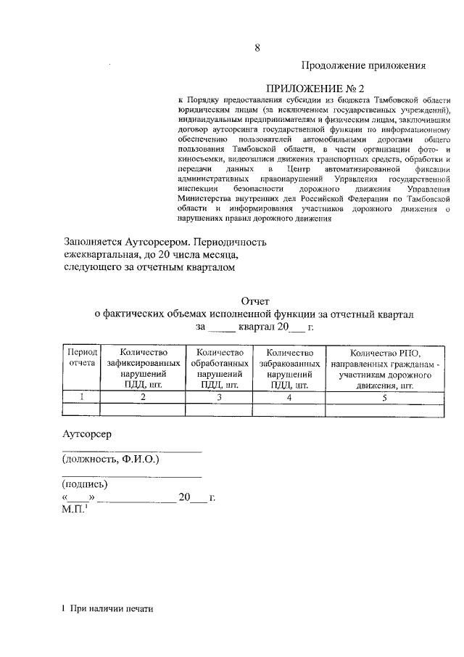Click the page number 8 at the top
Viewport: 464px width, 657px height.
click(257, 48)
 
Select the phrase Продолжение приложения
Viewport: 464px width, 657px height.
click(362, 65)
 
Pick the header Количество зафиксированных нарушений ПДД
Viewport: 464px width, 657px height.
click(143, 368)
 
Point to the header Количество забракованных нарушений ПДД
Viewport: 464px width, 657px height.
click(289, 368)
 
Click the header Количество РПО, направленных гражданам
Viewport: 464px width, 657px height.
click(384, 368)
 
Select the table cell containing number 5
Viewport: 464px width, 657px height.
click(384, 397)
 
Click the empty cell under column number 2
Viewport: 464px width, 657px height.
click(143, 409)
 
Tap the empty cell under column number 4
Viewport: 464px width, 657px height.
click(289, 409)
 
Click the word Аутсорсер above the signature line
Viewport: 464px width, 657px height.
click(86, 434)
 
